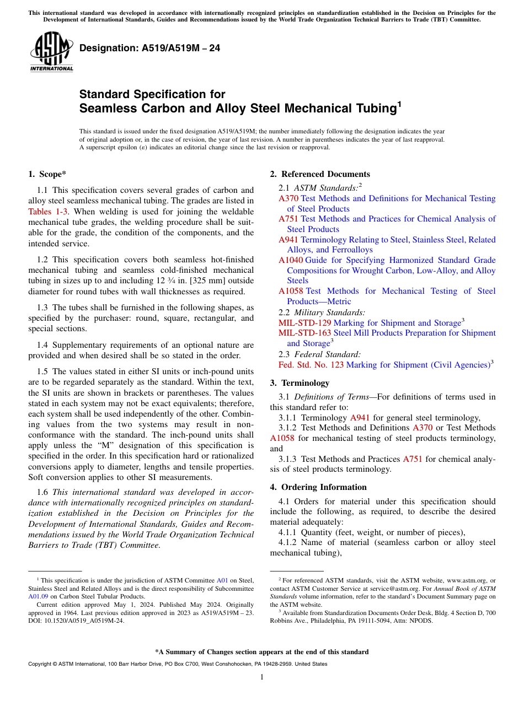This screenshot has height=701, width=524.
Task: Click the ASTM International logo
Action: (51, 52)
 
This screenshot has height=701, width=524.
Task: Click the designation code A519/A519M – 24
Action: (149, 48)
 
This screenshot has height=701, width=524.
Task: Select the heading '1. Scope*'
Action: (47, 174)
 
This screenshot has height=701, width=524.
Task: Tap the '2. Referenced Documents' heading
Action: (320, 174)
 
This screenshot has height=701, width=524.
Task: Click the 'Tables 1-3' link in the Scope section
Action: (47, 212)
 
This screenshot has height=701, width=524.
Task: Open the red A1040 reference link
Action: (291, 260)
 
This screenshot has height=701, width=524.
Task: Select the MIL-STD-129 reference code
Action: (305, 323)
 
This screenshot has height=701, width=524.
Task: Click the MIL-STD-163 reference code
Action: (305, 333)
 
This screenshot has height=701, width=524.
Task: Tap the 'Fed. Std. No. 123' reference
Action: (311, 365)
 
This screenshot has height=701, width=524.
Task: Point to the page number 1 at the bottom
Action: (262, 677)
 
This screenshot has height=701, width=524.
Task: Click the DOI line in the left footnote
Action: (76, 621)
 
